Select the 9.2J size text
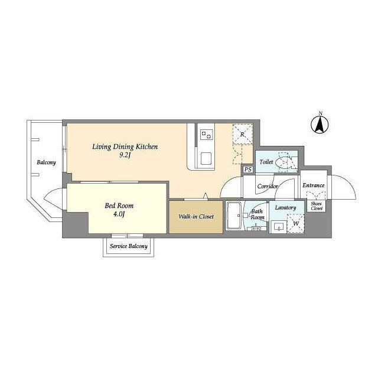tap(125, 155)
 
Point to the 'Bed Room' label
tap(119, 206)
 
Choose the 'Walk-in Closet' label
tap(195, 217)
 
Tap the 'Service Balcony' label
tap(128, 246)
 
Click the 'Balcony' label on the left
tap(45, 162)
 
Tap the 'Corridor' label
tap(268, 186)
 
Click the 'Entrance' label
tap(314, 185)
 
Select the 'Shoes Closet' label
tap(317, 206)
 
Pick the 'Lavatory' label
tap(285, 207)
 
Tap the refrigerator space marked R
tap(242, 134)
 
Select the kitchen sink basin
tap(207, 158)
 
